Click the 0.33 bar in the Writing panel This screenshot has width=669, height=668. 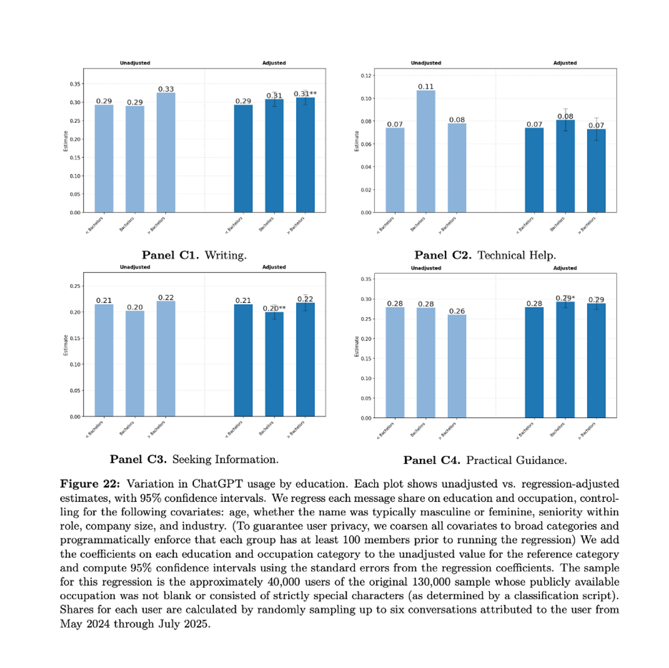tap(166, 152)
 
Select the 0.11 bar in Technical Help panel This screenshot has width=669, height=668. tap(426, 151)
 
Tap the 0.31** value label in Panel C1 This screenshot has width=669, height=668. tap(306, 94)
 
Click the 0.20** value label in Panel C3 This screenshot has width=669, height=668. tap(274, 308)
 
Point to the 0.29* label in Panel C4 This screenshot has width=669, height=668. tap(565, 298)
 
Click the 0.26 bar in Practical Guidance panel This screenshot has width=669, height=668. tap(457, 366)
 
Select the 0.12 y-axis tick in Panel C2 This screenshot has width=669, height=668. tap(366, 75)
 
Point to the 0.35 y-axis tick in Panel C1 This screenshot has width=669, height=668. tap(75, 84)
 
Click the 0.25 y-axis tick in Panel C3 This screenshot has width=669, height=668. tap(75, 286)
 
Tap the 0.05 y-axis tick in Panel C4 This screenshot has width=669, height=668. tap(366, 398)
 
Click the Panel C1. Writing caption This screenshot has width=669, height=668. tap(194, 255)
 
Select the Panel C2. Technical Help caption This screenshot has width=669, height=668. tap(485, 255)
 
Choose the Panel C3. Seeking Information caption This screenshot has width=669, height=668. tap(194, 459)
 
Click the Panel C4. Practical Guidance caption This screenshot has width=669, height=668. tap(485, 460)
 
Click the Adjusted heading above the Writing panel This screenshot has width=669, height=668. tap(274, 63)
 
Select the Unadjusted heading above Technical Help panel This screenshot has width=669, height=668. tap(426, 63)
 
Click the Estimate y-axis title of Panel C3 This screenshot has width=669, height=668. tap(65, 345)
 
